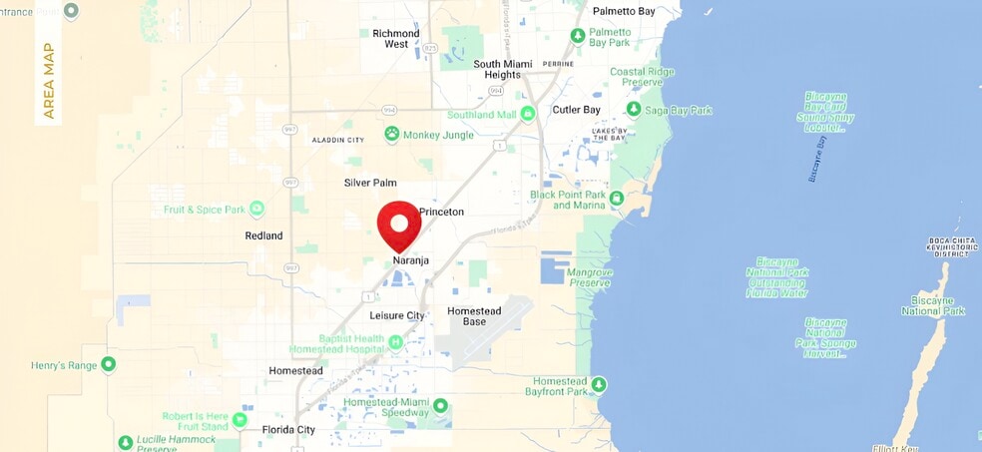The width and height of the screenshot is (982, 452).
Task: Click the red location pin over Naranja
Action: [x=401, y=225]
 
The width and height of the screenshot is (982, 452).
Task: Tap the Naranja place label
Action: [x=410, y=261]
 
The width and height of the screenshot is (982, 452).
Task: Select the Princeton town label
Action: [x=441, y=213]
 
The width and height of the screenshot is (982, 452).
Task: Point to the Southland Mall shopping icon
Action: [x=528, y=114]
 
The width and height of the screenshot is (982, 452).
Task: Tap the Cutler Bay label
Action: [x=575, y=110]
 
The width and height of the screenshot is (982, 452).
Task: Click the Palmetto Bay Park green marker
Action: [x=578, y=36]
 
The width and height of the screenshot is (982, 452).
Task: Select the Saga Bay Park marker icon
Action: [x=634, y=109]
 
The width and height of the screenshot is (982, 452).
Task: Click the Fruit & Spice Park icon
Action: [x=256, y=209]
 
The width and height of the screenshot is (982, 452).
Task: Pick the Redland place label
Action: [x=263, y=236]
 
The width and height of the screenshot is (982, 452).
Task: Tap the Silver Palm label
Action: [x=370, y=183]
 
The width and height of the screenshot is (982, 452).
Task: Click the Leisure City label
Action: [x=397, y=315]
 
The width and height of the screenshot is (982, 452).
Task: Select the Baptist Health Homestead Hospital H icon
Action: [x=395, y=343]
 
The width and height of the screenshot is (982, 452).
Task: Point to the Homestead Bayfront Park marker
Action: [x=599, y=384]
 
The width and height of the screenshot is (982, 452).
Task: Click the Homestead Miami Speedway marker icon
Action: [x=440, y=406]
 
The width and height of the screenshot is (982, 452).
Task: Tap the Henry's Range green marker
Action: [x=109, y=364]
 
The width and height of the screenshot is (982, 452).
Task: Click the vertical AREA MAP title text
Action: [x=49, y=81]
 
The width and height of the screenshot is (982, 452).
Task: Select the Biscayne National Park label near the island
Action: [x=933, y=305]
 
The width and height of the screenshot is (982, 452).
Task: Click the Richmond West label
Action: [x=396, y=39]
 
